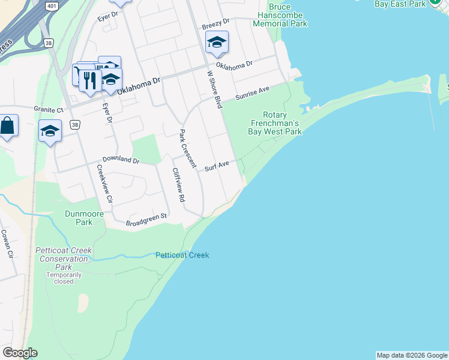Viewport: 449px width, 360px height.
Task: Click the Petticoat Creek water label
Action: tap(182, 255)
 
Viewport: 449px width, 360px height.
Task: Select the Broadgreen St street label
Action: tap(146, 220)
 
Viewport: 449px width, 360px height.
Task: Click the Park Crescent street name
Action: tap(187, 148)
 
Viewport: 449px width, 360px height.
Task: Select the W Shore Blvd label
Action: tap(214, 89)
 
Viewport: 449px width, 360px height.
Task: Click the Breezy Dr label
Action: tap(216, 26)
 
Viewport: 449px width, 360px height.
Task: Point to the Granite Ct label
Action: tap(49, 110)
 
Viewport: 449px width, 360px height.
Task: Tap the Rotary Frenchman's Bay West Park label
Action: tap(274, 123)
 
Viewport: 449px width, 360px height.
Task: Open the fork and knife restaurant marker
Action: tap(90, 80)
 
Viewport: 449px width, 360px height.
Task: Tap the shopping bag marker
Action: tap(7, 127)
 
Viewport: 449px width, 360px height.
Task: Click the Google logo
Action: tap(20, 353)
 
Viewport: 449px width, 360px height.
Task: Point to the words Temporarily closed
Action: tap(64, 277)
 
